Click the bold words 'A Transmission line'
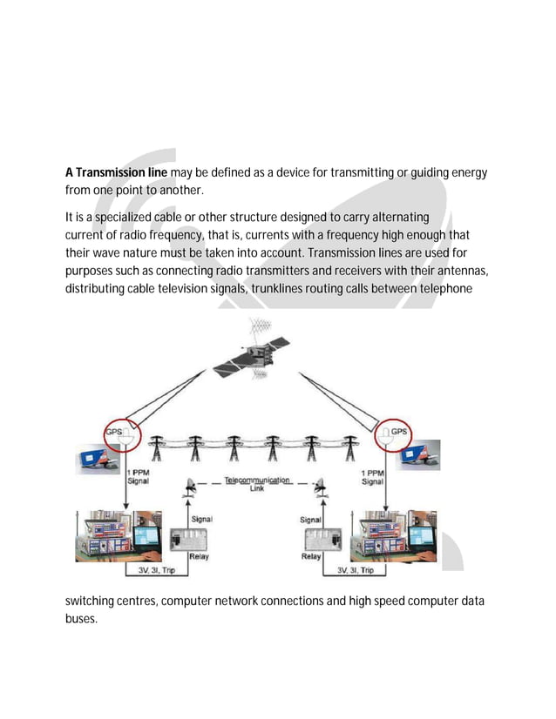[x=116, y=173]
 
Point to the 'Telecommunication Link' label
[x=257, y=484]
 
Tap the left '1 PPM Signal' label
[x=137, y=476]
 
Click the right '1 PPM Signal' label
[x=372, y=476]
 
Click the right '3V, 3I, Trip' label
[x=355, y=570]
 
